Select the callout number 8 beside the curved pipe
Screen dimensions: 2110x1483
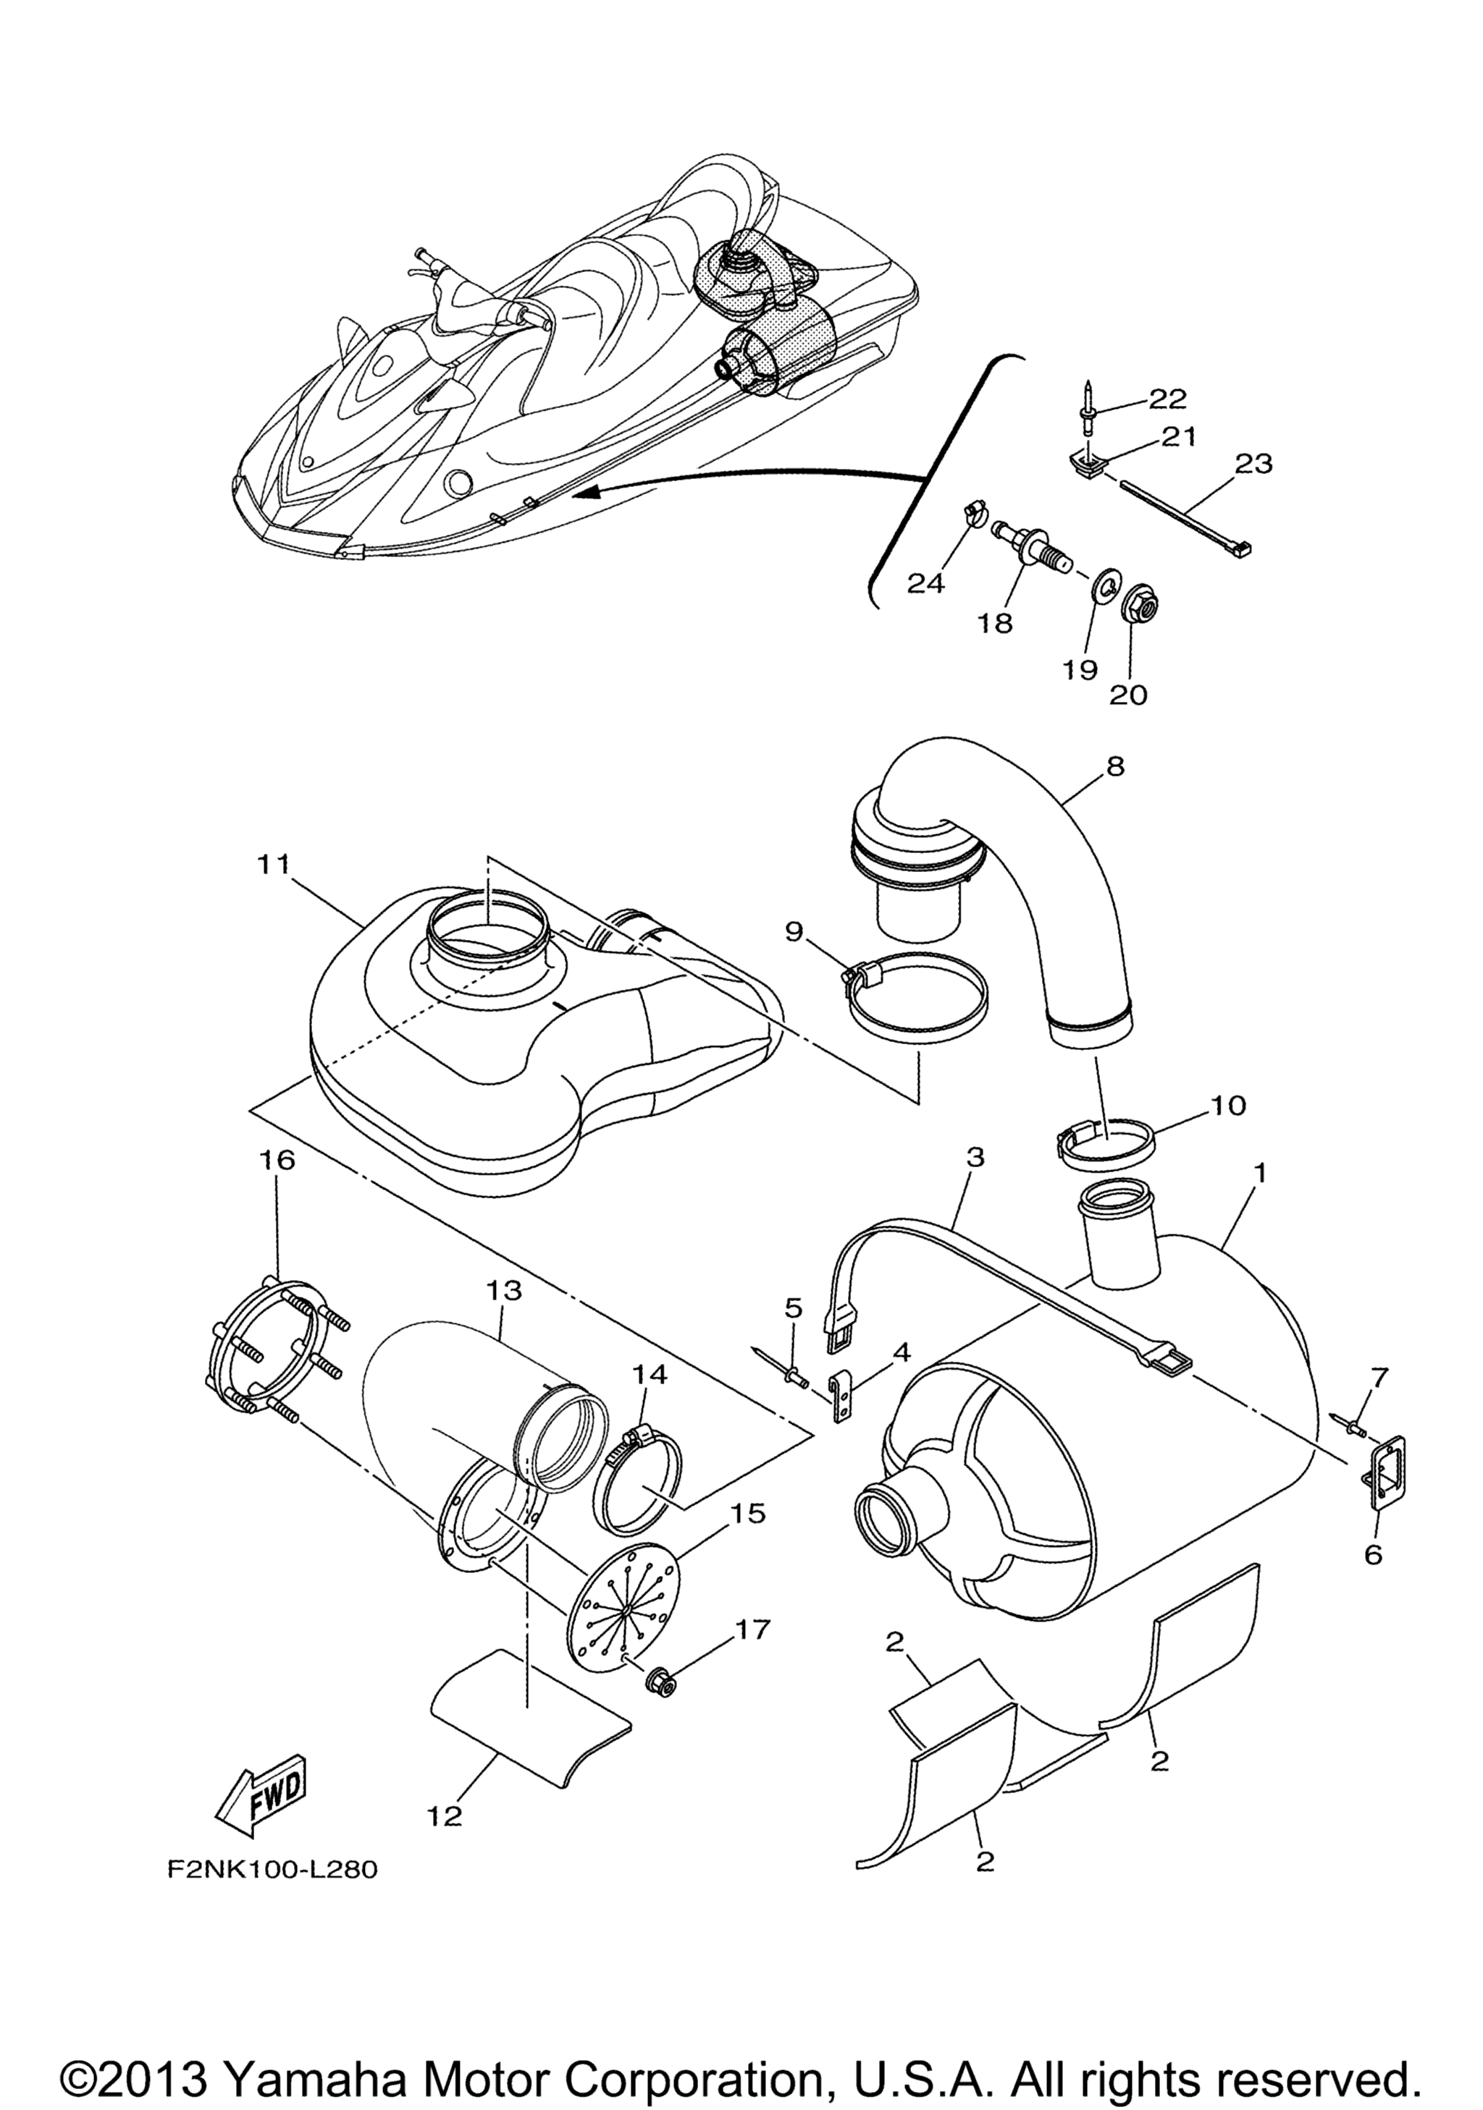(1115, 766)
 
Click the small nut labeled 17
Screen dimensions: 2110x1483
(658, 1681)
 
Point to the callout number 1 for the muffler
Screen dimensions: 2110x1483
(1259, 1174)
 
